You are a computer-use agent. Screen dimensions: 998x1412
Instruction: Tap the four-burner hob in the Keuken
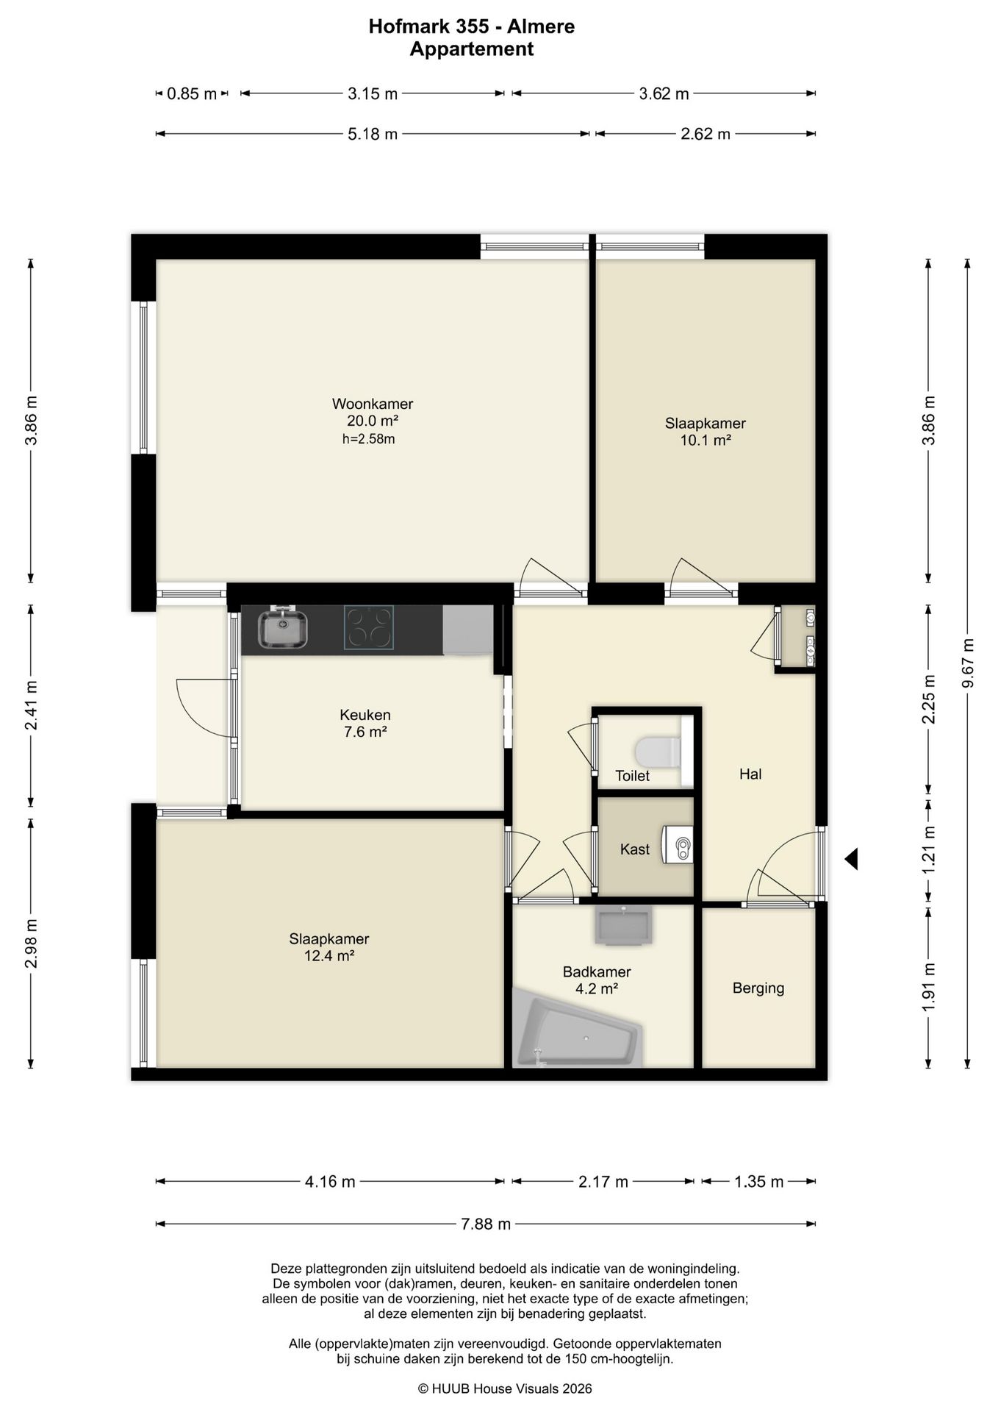tap(369, 627)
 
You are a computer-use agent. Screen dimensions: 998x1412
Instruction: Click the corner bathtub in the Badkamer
tap(578, 1027)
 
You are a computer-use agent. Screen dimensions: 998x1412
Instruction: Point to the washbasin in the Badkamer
tap(623, 925)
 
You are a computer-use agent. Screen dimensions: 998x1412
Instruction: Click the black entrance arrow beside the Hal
tap(851, 859)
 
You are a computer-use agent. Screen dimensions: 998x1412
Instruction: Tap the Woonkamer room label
tap(373, 404)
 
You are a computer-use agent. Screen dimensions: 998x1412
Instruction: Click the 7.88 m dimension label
tap(486, 1224)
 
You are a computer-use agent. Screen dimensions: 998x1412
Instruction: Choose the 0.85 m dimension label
tap(192, 93)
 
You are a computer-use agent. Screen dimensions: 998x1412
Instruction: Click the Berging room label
tap(758, 988)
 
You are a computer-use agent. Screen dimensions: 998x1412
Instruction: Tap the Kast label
tap(635, 849)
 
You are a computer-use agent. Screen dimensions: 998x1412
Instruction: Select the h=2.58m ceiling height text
tap(369, 439)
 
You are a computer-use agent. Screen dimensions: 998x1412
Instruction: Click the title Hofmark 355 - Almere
tap(472, 26)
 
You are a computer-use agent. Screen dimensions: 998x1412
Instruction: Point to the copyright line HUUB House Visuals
tap(505, 1388)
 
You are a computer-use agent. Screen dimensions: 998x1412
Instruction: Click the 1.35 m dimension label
tap(759, 1182)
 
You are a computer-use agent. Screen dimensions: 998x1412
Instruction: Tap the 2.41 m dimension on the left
tap(31, 705)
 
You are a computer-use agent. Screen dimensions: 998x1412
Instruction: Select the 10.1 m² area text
tap(706, 441)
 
